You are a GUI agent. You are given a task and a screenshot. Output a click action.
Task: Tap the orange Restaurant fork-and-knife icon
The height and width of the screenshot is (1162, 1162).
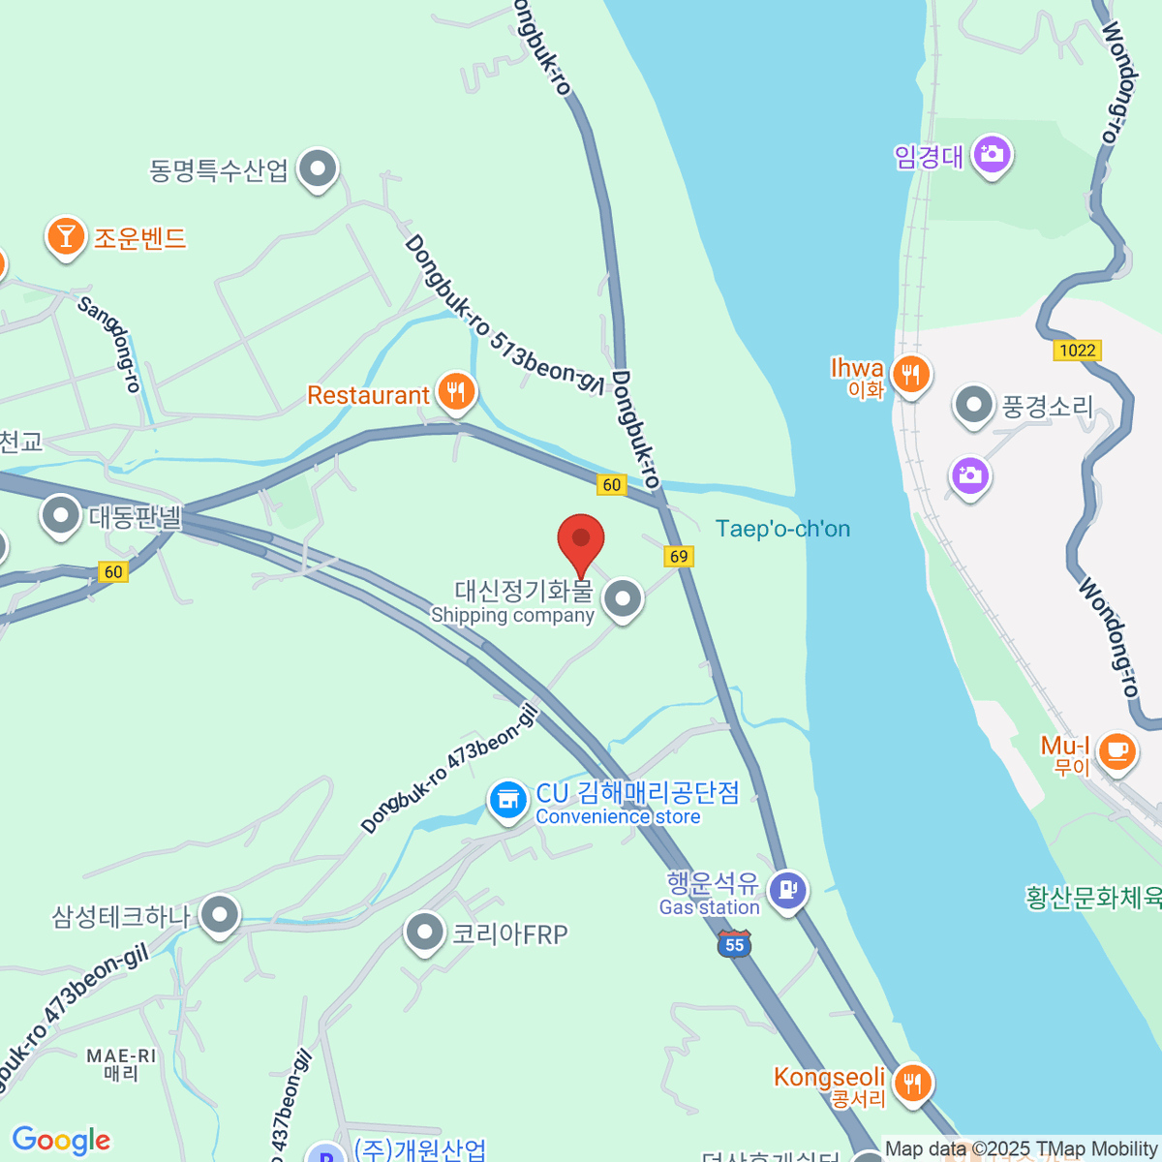tap(455, 392)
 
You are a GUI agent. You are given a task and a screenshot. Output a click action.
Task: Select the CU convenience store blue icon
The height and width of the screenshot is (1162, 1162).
tap(506, 800)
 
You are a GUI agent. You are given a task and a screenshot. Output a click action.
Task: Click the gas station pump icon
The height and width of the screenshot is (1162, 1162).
tap(787, 888)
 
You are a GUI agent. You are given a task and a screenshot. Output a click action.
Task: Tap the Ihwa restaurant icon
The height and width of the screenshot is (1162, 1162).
tap(910, 373)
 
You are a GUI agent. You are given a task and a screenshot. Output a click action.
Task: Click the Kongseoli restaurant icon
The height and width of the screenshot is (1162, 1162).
tap(911, 1081)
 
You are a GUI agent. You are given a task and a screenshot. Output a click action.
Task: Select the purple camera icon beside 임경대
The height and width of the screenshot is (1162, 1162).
tap(991, 154)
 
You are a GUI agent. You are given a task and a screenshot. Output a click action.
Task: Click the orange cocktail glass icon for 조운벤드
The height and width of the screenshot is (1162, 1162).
tap(66, 236)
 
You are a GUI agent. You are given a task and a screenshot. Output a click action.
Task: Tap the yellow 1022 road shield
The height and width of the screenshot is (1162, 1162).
tap(1077, 351)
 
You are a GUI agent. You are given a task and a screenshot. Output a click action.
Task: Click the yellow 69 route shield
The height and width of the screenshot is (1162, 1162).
tap(679, 556)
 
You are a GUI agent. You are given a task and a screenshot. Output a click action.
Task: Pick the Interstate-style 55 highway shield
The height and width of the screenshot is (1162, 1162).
tap(735, 944)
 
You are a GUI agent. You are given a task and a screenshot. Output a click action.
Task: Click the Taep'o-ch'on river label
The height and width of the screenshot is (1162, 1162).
tap(782, 529)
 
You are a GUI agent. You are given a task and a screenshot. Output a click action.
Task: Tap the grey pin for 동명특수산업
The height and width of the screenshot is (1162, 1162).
tap(317, 168)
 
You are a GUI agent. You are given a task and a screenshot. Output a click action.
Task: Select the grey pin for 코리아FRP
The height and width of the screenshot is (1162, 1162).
tap(424, 933)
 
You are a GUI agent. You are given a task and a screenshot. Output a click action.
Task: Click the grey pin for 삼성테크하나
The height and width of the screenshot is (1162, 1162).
tap(220, 913)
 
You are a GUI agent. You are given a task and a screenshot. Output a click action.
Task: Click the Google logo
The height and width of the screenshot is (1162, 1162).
tap(61, 1140)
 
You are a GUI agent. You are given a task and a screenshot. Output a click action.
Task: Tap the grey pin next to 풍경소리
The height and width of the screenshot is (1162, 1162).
tap(973, 406)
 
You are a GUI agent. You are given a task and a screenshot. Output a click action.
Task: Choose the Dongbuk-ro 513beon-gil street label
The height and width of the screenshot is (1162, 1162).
tap(505, 316)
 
